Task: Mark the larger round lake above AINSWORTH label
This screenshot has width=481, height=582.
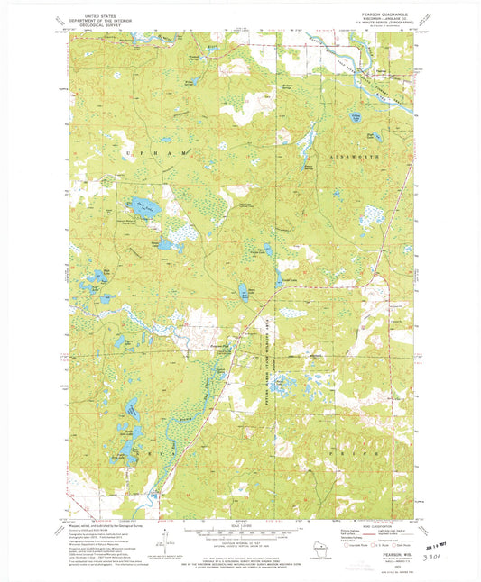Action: coord(342,116)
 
